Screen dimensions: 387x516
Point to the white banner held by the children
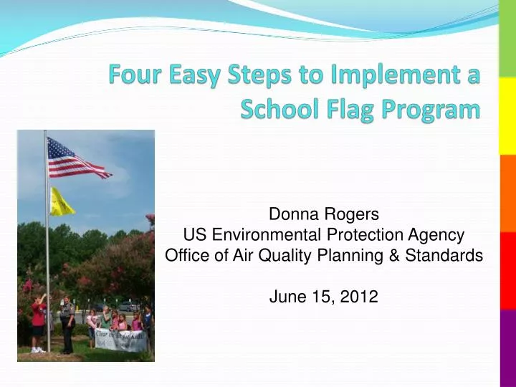coord(120,338)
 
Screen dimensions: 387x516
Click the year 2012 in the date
coord(360,296)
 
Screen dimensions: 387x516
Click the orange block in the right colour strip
coord(507,193)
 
